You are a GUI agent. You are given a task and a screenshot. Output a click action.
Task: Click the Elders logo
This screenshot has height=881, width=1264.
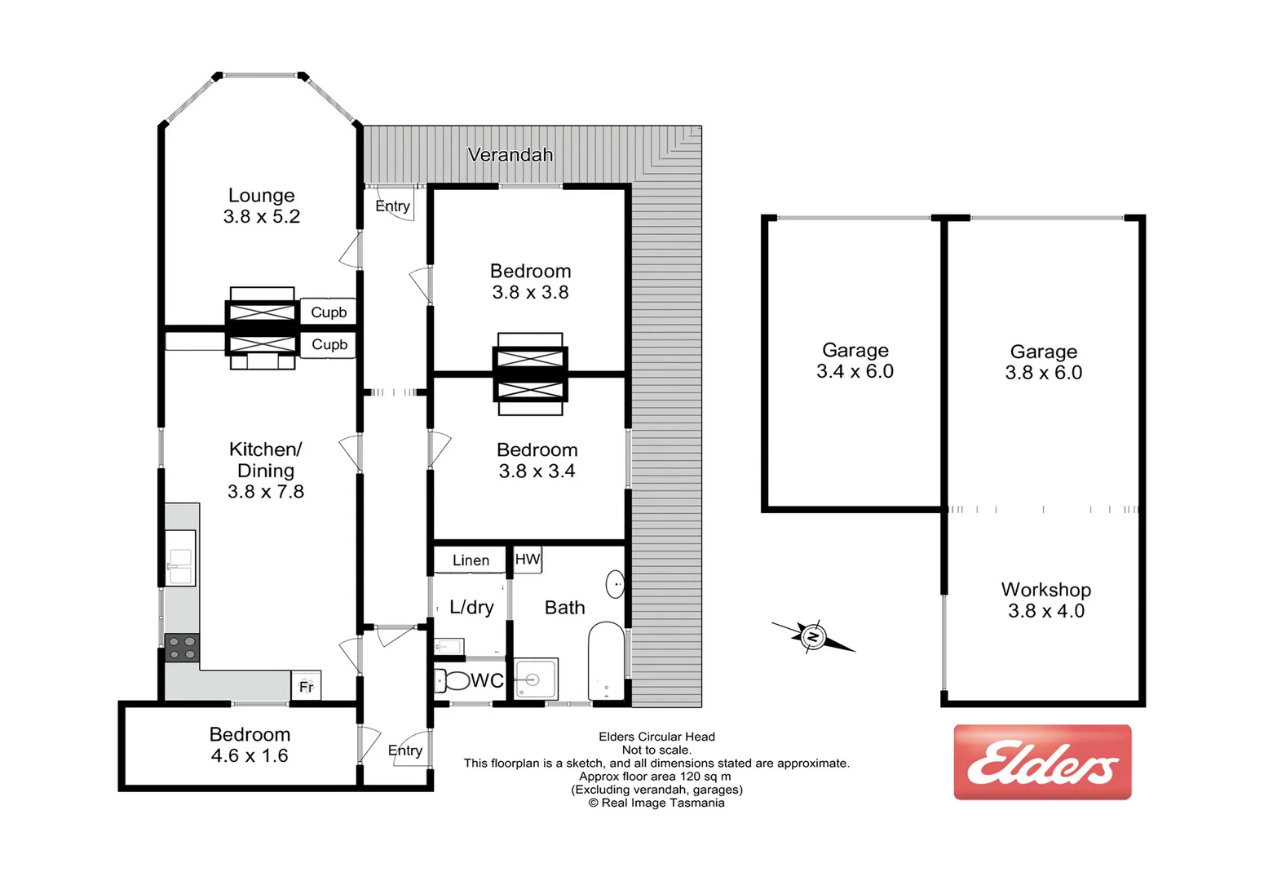(1042, 762)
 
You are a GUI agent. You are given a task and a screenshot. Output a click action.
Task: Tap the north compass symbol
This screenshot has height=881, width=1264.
(813, 636)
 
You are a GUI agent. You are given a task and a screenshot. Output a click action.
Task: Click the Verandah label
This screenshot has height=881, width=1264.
(510, 154)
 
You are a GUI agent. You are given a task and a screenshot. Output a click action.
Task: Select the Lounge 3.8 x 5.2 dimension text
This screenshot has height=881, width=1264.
(262, 216)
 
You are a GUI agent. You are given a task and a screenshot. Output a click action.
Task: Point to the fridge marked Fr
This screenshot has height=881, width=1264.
(307, 686)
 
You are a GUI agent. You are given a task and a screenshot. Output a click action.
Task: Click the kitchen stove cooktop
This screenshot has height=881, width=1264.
(182, 649)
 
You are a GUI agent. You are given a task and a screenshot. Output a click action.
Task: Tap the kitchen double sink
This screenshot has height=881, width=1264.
(180, 557)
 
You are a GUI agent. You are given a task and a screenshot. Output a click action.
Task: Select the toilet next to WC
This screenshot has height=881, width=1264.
(453, 680)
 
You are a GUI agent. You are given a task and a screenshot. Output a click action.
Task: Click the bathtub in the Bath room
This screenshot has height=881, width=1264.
(606, 662)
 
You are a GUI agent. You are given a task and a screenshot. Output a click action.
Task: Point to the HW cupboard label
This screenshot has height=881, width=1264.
(528, 559)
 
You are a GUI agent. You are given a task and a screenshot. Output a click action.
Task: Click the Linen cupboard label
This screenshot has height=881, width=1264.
(471, 560)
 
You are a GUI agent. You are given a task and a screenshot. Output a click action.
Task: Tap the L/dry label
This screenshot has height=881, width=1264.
(471, 607)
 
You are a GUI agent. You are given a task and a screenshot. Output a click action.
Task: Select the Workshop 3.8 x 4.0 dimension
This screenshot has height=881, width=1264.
(1045, 611)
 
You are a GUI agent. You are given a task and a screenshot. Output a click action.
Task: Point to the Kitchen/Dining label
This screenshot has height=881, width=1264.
(266, 459)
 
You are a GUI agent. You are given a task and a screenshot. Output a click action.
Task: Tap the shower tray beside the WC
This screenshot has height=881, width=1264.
(536, 679)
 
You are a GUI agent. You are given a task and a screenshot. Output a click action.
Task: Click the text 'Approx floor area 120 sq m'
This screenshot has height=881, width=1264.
(655, 776)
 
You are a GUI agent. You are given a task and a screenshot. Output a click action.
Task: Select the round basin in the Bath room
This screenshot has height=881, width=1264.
(615, 584)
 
